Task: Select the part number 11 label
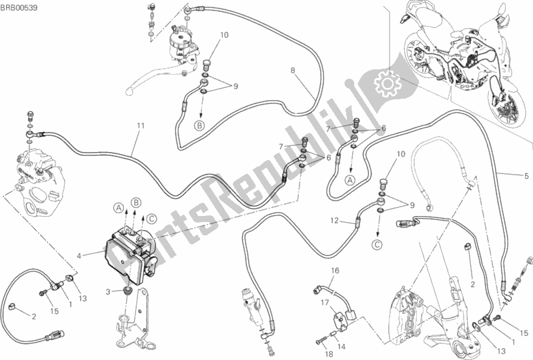click(140, 126)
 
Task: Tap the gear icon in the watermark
click(386, 85)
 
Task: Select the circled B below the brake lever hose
click(199, 125)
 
